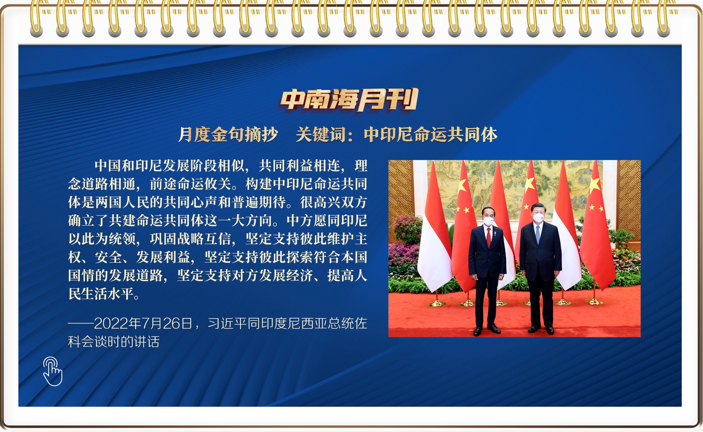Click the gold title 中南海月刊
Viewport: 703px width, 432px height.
click(349, 100)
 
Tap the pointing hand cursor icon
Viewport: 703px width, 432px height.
click(53, 371)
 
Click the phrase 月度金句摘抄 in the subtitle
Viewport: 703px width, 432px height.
click(228, 135)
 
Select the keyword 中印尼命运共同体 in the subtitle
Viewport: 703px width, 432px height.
click(430, 135)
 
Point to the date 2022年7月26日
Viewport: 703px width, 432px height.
click(143, 323)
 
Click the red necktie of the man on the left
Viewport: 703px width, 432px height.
click(488, 238)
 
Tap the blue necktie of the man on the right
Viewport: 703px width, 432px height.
click(538, 234)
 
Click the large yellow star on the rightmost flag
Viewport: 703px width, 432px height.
click(594, 185)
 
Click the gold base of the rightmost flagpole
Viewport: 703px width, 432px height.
click(594, 302)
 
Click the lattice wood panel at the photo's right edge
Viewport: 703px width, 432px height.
click(629, 201)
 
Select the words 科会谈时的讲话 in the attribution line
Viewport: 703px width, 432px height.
click(114, 341)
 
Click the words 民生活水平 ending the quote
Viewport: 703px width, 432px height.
click(101, 294)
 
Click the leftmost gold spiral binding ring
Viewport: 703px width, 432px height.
click(36, 17)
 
